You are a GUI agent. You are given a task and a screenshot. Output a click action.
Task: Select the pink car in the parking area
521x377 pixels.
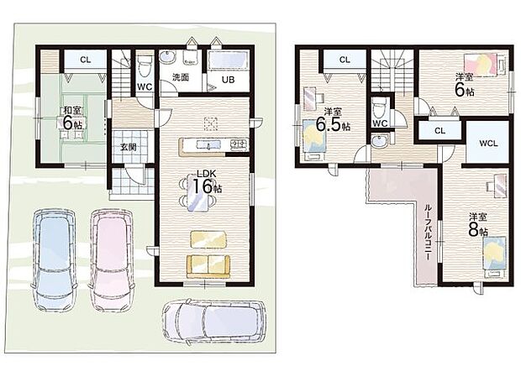(x=111, y=254)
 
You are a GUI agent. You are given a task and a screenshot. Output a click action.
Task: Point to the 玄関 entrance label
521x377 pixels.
(x=128, y=148)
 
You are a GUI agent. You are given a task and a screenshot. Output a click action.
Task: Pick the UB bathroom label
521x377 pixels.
(x=228, y=81)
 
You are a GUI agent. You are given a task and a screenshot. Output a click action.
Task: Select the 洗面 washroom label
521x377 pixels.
(x=181, y=77)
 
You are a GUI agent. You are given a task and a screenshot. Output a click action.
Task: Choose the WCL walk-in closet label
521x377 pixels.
(x=488, y=144)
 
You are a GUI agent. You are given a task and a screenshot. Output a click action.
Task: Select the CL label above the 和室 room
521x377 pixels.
(x=86, y=60)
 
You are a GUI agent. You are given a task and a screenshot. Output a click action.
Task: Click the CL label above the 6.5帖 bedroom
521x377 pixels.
(x=345, y=60)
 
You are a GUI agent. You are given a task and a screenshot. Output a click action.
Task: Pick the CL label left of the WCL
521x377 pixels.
(x=439, y=130)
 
